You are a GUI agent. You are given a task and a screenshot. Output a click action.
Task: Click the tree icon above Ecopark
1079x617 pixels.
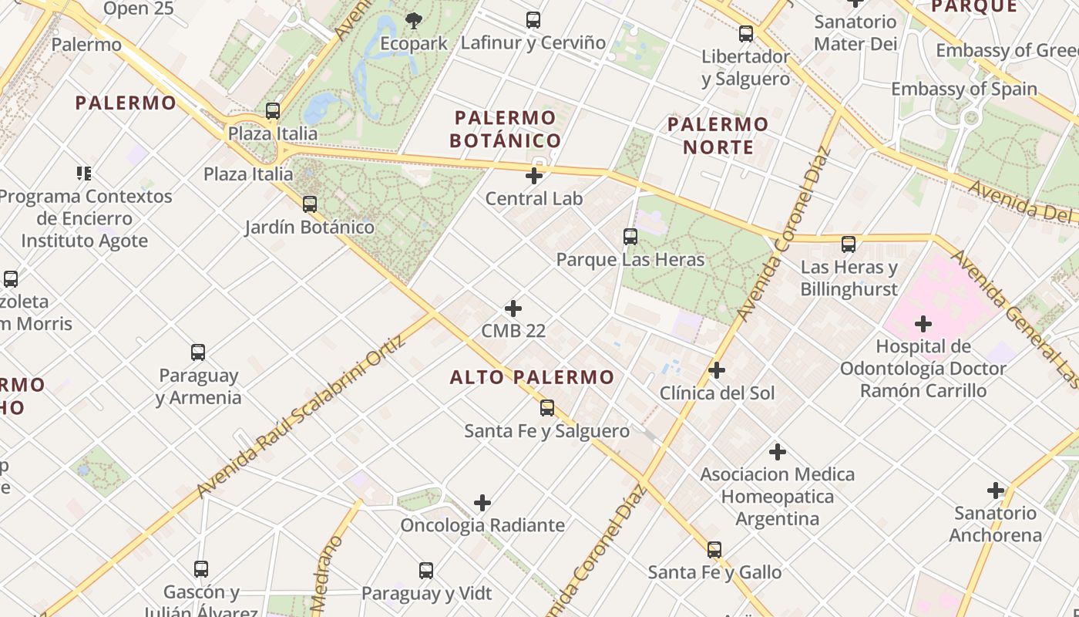pos(414,21)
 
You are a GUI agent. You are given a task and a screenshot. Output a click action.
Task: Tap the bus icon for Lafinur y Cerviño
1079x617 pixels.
pos(533,20)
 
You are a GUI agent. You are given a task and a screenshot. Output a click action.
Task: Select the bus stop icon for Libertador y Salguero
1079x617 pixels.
pos(746,34)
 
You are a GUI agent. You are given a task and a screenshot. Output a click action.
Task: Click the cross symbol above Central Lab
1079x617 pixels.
pos(533,176)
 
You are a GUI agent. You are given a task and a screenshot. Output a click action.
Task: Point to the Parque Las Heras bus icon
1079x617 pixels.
pos(630,237)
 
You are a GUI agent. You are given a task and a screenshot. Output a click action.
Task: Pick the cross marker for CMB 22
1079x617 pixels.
pos(513,308)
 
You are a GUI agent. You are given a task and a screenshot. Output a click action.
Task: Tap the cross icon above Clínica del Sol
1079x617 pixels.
pos(717,370)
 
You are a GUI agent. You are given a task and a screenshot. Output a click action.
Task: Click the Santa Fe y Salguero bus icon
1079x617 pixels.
pos(547,408)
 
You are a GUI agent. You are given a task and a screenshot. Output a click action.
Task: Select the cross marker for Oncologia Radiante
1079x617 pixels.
pos(482,503)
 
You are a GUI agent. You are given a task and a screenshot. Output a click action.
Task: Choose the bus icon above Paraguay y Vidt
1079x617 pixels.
pos(426,571)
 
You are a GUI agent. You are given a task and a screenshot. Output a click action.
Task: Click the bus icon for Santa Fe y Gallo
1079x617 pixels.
pos(714,550)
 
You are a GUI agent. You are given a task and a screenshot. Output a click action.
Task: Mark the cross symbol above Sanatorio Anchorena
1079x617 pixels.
pos(996,490)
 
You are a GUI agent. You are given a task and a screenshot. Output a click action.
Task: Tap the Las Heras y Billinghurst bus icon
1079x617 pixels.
pos(849,244)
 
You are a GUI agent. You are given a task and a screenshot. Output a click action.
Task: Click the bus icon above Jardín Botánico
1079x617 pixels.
pos(310,204)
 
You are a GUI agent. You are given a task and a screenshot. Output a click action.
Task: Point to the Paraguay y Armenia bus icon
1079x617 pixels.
pos(198,352)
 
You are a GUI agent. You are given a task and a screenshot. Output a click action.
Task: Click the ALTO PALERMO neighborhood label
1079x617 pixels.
pos(532,377)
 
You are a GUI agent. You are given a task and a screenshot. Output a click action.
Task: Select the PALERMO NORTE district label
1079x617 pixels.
pos(718,135)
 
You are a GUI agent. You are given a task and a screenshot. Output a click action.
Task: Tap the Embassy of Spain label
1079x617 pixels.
pos(964,89)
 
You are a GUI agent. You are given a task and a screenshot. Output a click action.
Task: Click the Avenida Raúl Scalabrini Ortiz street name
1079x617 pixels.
pos(301,416)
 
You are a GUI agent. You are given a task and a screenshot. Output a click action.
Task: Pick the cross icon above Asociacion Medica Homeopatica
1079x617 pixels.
pos(778,451)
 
